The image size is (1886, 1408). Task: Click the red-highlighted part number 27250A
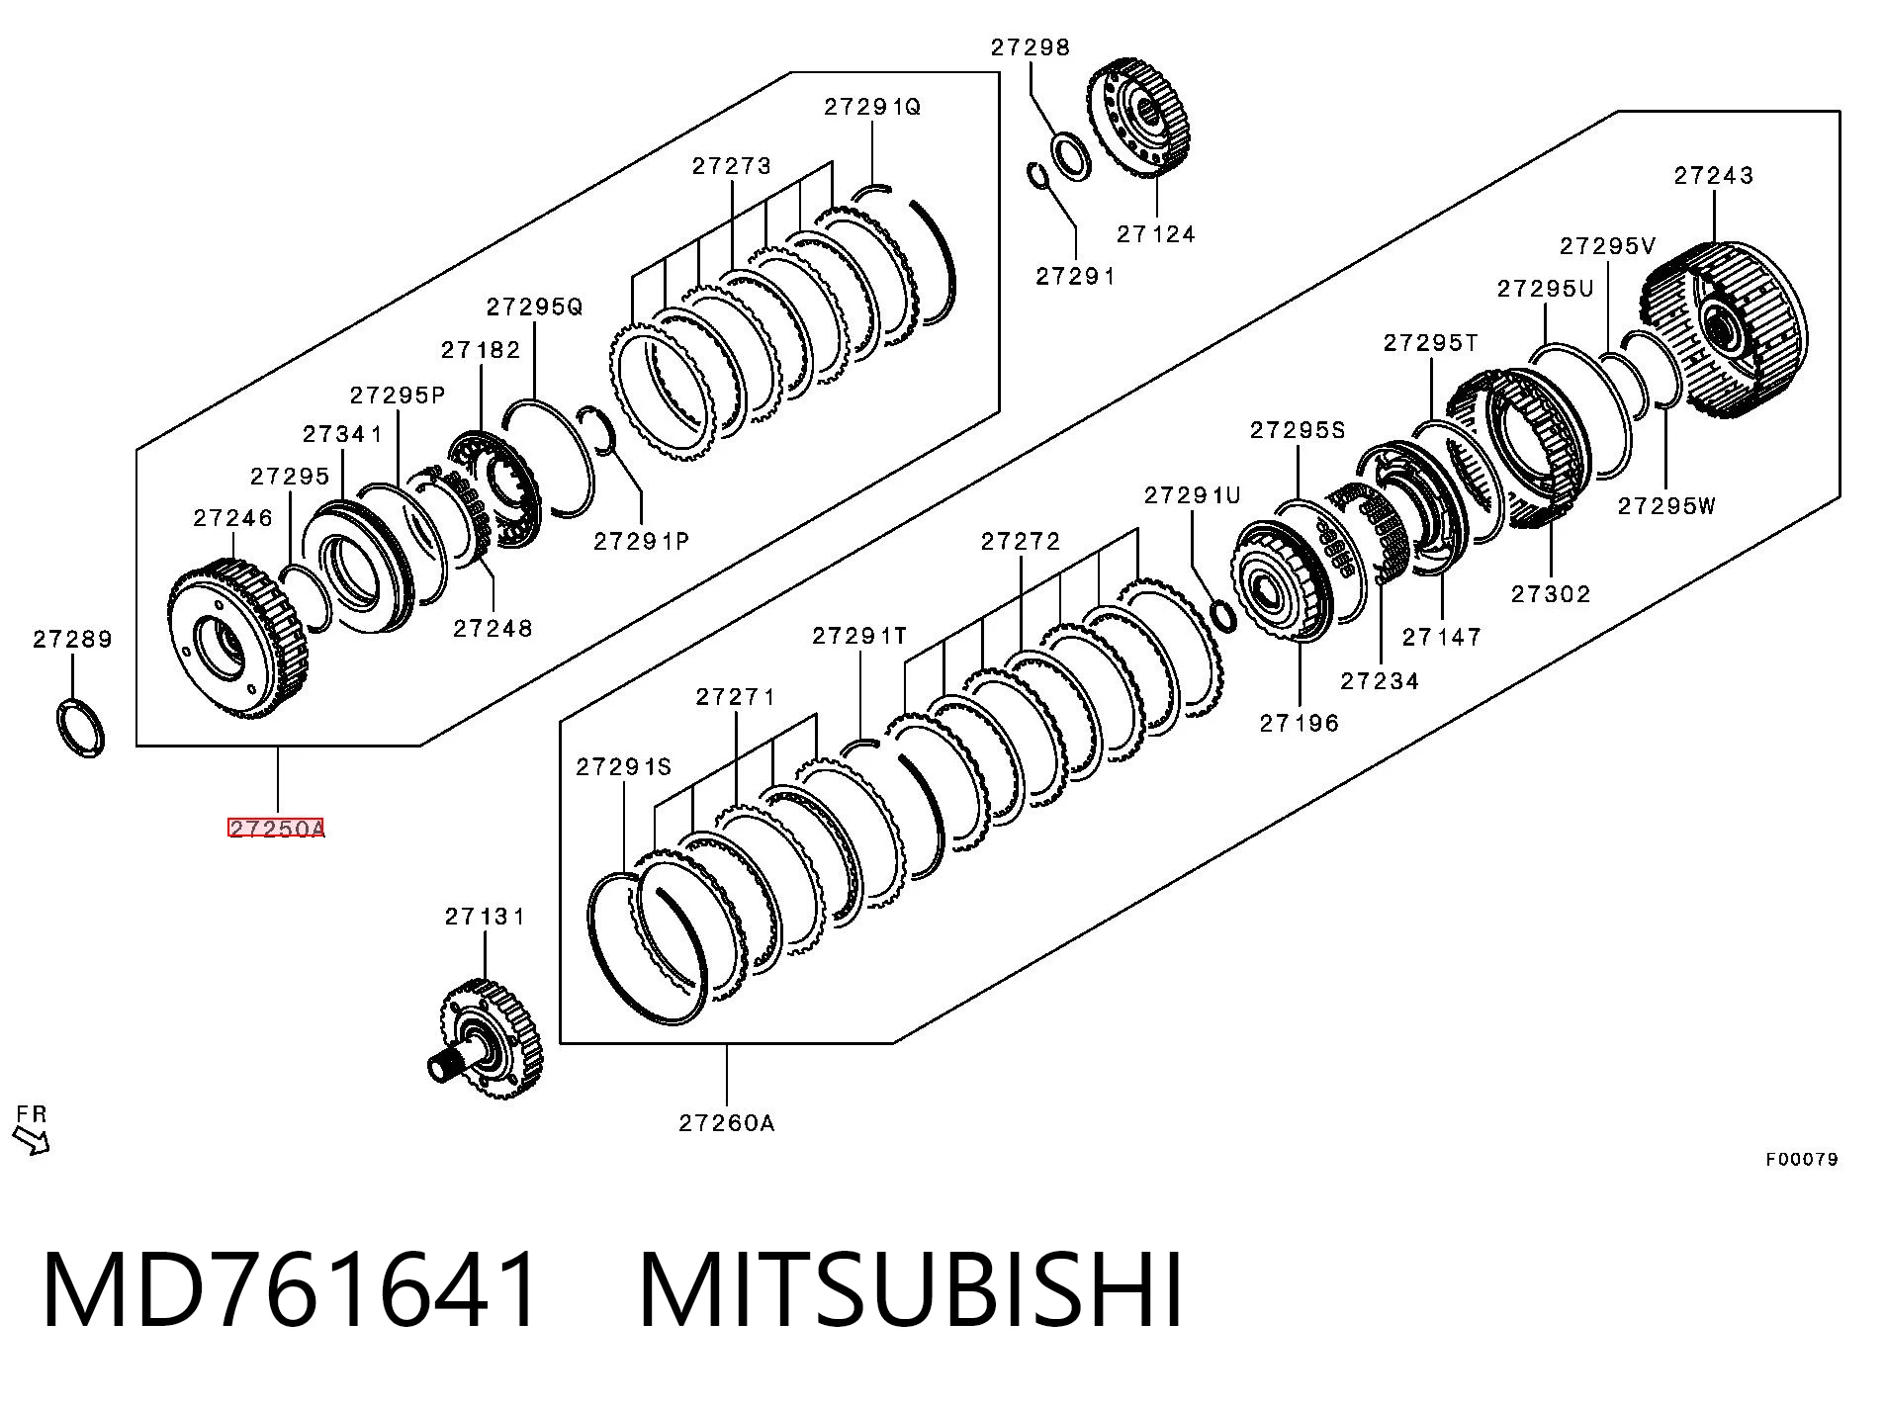pyautogui.click(x=276, y=829)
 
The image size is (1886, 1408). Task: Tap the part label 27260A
pyautogui.click(x=727, y=1122)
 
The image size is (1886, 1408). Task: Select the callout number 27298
pyautogui.click(x=1032, y=47)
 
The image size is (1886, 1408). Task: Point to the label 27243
pyautogui.click(x=1714, y=176)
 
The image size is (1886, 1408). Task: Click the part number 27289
pyautogui.click(x=73, y=640)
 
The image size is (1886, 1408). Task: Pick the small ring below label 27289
pyautogui.click(x=79, y=728)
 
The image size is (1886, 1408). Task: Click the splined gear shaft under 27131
pyautogui.click(x=484, y=1034)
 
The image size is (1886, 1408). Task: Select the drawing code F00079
pyautogui.click(x=1802, y=1159)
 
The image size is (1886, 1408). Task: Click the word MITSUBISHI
pyautogui.click(x=912, y=1290)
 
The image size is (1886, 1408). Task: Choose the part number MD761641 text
pyautogui.click(x=292, y=1290)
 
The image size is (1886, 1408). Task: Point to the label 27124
pyautogui.click(x=1157, y=234)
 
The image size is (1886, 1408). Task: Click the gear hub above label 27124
pyautogui.click(x=1142, y=119)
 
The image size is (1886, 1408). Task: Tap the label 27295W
pyautogui.click(x=1667, y=506)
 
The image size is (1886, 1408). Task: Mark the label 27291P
pyautogui.click(x=641, y=541)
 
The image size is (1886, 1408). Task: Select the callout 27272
pyautogui.click(x=1021, y=541)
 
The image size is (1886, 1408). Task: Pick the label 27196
pyautogui.click(x=1300, y=724)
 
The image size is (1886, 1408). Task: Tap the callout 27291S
pyautogui.click(x=624, y=766)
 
